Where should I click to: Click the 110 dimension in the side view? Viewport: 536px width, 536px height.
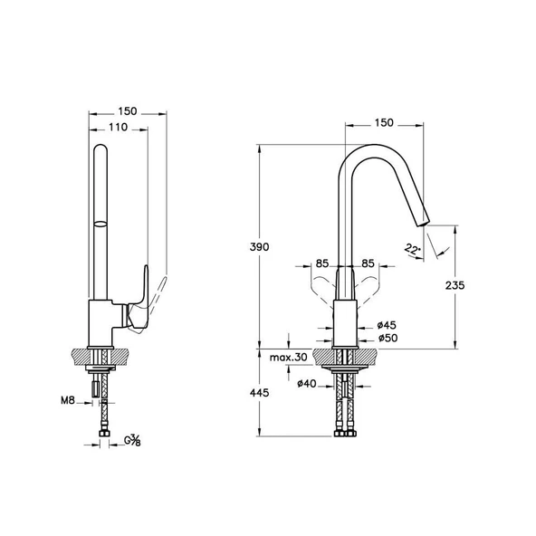118,128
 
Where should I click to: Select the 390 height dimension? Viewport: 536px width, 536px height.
262,248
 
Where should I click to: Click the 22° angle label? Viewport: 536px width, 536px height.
413,248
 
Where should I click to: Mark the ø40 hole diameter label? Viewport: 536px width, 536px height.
309,385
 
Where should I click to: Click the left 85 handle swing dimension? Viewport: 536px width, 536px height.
321,265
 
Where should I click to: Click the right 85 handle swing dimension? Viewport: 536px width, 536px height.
368,265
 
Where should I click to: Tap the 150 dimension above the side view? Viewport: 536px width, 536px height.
128,110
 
